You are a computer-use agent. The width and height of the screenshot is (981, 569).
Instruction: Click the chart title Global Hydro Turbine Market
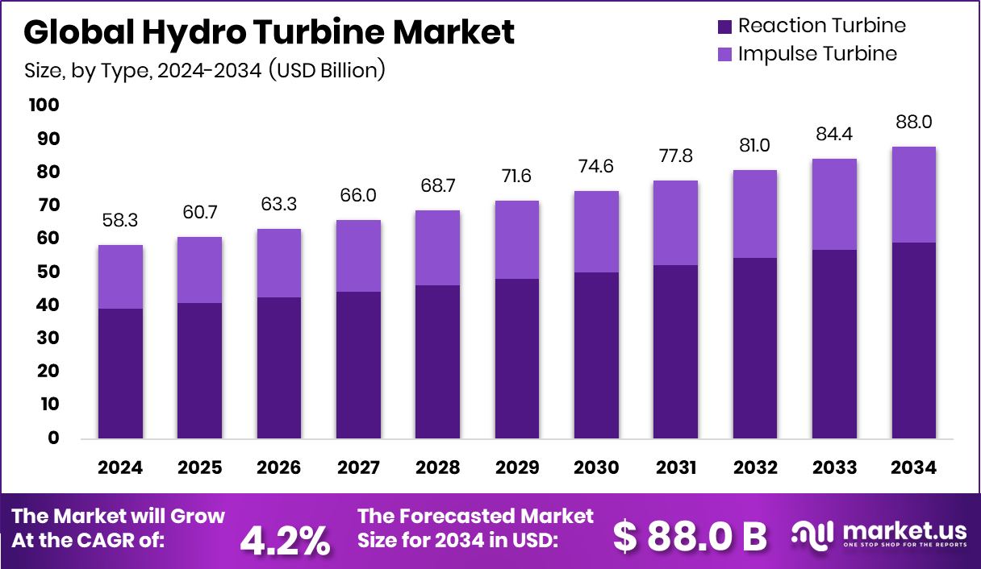coord(269,32)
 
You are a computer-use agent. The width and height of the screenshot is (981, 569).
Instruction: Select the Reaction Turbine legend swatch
coord(724,27)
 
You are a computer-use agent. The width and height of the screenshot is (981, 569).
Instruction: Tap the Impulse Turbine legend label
coord(816,54)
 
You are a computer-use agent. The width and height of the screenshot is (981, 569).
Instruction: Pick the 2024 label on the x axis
coord(120,468)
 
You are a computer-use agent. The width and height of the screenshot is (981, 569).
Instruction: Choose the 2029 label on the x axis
coord(517,468)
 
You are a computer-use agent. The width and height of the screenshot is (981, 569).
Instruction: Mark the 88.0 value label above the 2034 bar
coord(913,123)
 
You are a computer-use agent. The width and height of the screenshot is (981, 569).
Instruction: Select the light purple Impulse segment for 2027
coord(358,255)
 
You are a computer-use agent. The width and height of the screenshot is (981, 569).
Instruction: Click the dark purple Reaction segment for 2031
coord(676,351)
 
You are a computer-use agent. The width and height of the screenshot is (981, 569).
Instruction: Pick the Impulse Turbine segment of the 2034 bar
coord(913,194)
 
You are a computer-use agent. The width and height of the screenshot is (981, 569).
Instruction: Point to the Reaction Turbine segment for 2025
coord(199,371)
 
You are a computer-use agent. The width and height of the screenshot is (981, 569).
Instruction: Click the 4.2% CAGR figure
coord(285,540)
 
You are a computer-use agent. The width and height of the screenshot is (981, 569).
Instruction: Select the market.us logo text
coord(904,531)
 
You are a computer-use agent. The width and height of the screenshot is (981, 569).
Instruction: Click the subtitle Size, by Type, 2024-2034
coord(204,70)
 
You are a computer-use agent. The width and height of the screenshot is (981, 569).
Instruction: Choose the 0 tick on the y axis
coord(53,438)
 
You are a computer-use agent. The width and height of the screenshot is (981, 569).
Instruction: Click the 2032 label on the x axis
coord(755,468)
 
